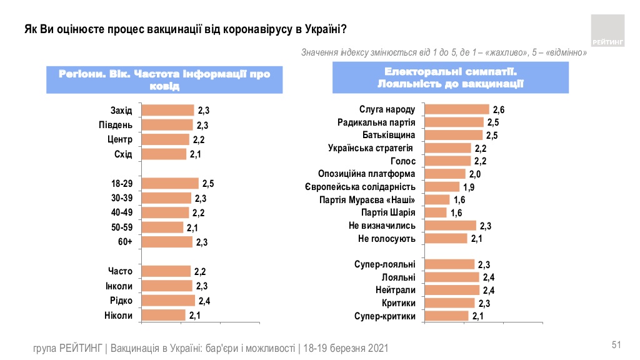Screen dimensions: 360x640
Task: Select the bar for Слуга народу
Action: [456, 109]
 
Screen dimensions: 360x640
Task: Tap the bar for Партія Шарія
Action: [436, 212]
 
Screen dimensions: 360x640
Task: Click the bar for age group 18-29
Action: [170, 183]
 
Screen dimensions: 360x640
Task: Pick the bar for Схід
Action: [164, 154]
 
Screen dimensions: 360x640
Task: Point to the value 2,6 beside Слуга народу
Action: [498, 110]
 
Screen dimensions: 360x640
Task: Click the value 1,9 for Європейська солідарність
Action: [469, 187]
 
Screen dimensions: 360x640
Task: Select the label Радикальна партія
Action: [376, 122]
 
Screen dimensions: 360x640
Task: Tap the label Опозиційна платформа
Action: [367, 174]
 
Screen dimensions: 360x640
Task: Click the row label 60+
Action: [125, 242]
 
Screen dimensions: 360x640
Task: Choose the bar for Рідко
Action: [168, 301]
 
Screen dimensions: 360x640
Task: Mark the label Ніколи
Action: [118, 316]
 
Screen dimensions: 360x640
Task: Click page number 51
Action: [616, 345]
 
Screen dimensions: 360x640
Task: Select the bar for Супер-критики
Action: [446, 316]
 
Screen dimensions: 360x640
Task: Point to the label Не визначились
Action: [382, 226]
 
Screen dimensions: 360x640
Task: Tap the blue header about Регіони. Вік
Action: [164, 80]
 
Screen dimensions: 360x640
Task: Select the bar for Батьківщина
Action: [453, 135]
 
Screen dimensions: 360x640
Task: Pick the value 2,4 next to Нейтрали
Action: [489, 290]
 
